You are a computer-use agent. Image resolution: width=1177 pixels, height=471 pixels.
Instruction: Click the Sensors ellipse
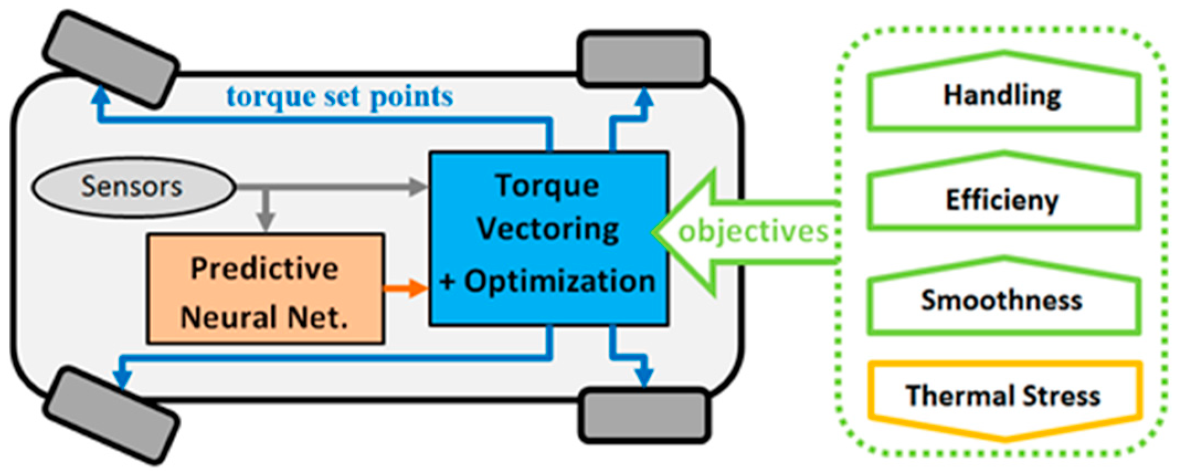[x=132, y=187]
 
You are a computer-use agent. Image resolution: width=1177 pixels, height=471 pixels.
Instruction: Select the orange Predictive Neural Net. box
[x=265, y=289]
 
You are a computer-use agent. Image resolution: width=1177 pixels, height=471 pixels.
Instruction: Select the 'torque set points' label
[x=340, y=97]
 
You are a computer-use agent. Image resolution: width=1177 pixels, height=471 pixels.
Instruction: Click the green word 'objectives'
[x=754, y=231]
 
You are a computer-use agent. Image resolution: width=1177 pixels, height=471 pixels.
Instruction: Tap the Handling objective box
[x=1003, y=95]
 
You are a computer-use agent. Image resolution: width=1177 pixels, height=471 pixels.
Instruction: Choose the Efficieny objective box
[x=1003, y=199]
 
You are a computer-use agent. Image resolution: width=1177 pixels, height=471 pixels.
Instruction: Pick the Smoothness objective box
[x=1003, y=300]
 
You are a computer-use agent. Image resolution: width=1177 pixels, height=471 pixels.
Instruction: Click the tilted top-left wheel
[x=110, y=58]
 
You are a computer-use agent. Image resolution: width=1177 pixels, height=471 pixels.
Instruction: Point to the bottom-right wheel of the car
[x=644, y=415]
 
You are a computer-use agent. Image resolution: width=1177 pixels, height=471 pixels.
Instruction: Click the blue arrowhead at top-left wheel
[x=100, y=94]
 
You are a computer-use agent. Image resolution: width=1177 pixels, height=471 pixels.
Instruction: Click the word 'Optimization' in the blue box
[x=559, y=282]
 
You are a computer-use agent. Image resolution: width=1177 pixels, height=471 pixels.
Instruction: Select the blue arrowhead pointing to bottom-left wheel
[x=122, y=379]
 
